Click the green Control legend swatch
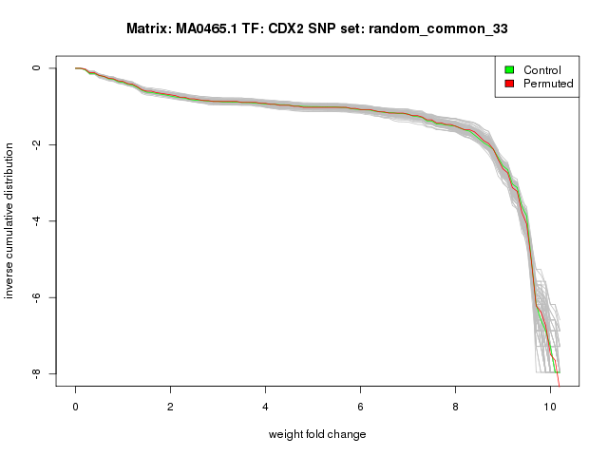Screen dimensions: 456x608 (x=509, y=70)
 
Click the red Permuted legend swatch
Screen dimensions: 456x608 (x=509, y=84)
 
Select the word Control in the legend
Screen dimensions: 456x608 (x=542, y=70)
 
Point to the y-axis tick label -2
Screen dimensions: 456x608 (x=37, y=144)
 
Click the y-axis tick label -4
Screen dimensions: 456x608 (x=37, y=221)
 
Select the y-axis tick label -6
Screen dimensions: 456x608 (x=37, y=297)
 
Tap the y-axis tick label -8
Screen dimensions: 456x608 (x=37, y=373)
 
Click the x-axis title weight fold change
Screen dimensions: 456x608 (x=316, y=434)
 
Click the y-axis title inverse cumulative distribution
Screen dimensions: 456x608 (x=10, y=220)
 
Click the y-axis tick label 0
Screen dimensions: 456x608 (x=37, y=68)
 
